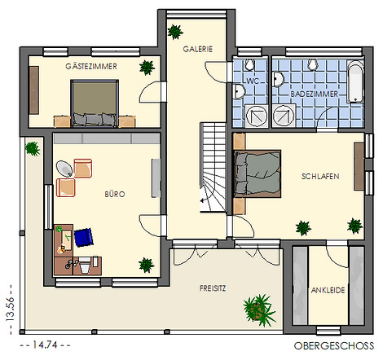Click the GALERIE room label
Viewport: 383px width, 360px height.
click(x=197, y=49)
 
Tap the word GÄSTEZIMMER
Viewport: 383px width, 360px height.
click(x=91, y=66)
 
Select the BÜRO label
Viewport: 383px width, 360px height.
click(x=115, y=194)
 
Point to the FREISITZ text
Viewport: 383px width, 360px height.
click(x=213, y=288)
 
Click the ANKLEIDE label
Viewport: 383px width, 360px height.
click(x=328, y=290)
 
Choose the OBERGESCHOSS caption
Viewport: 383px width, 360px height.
click(x=334, y=346)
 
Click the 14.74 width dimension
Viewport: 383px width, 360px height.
click(x=45, y=345)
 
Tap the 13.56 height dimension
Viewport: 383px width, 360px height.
click(x=10, y=310)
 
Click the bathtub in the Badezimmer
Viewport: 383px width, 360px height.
click(x=355, y=81)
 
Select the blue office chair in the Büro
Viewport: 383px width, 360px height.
click(x=84, y=237)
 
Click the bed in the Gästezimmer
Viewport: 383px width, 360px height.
click(x=95, y=103)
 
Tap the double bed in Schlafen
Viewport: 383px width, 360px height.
click(x=258, y=173)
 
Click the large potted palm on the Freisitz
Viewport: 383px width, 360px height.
click(x=258, y=310)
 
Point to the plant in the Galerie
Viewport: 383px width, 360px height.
click(x=175, y=32)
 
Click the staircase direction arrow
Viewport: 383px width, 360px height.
click(x=203, y=200)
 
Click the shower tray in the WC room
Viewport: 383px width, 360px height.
click(x=256, y=116)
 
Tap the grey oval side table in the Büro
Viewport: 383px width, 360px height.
click(x=64, y=169)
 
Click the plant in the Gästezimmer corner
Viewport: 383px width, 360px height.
click(x=147, y=68)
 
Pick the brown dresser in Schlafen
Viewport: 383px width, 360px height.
click(x=359, y=166)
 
